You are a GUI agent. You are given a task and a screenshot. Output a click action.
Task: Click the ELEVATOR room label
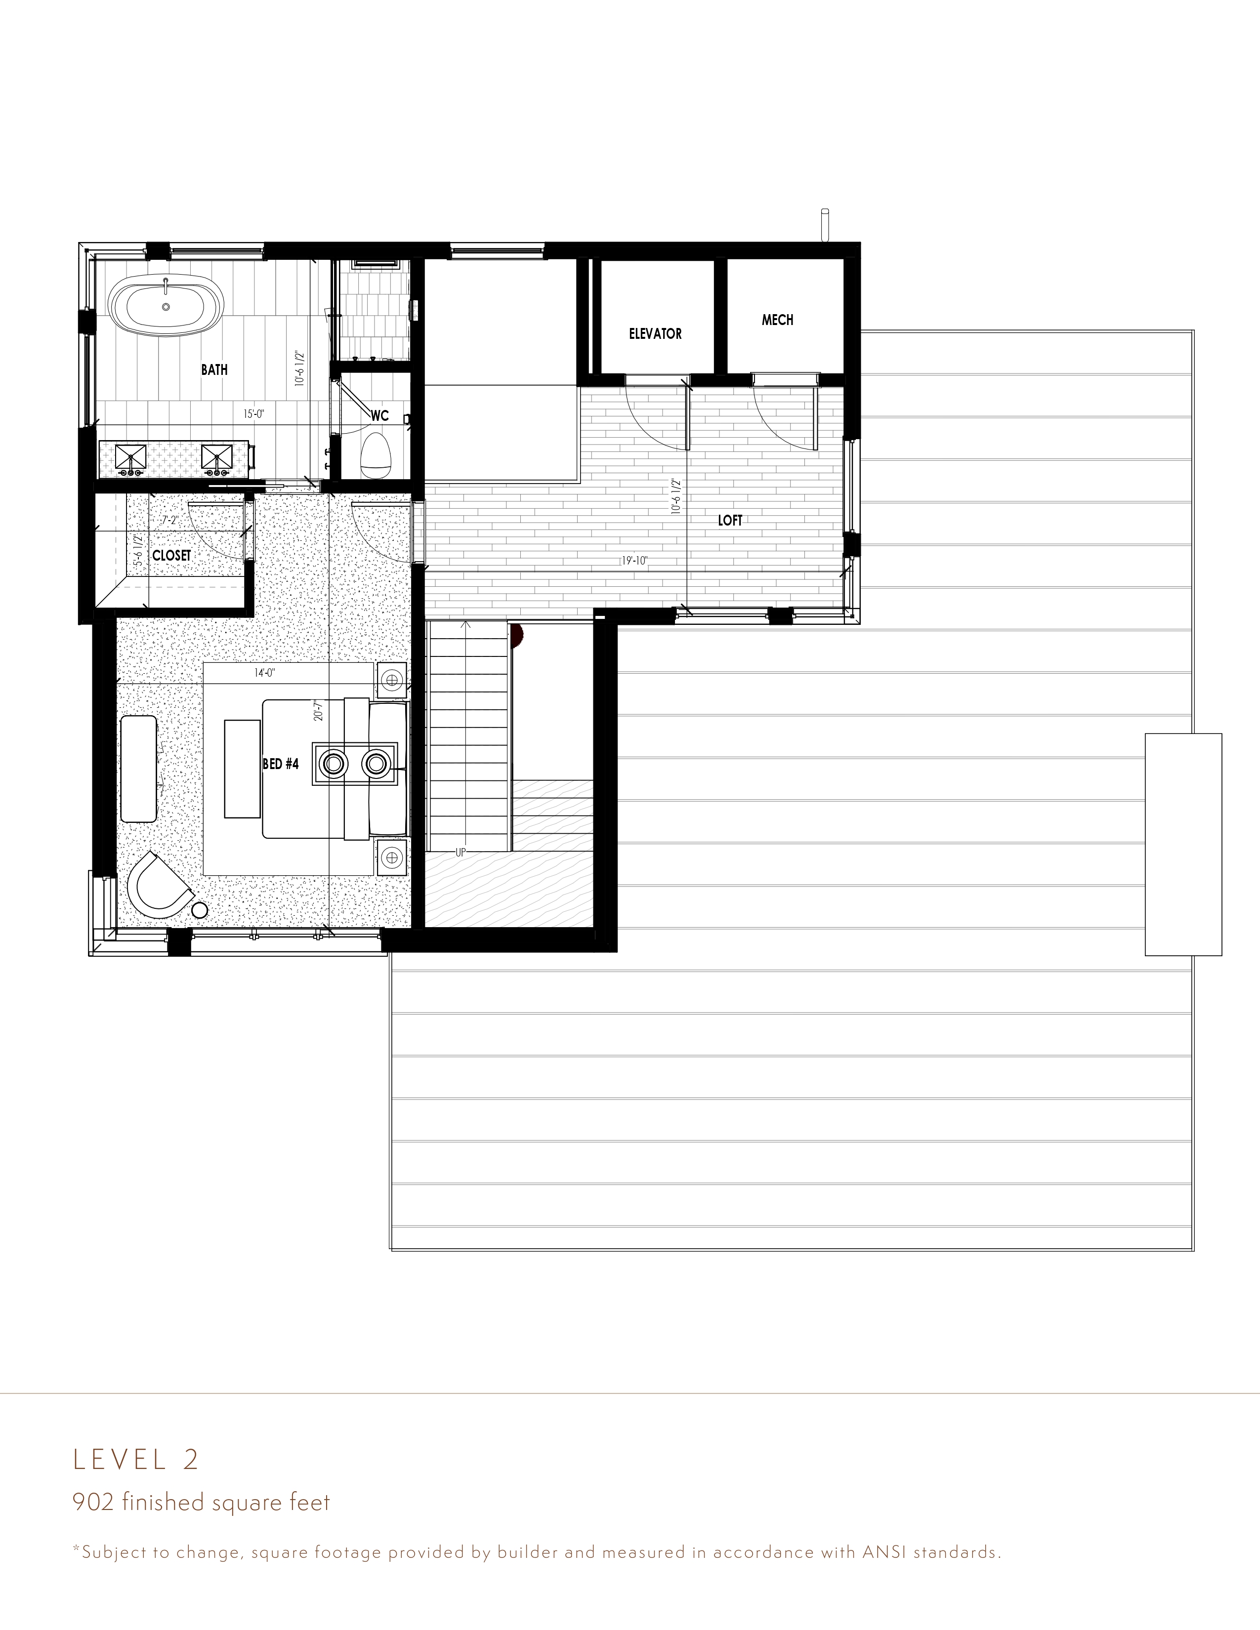pos(655,333)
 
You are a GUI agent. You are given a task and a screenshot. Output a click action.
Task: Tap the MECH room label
pos(777,320)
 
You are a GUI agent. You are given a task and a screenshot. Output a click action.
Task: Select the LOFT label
pos(730,520)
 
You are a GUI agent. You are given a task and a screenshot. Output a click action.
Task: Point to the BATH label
pos(214,369)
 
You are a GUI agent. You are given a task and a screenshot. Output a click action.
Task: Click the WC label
pos(380,416)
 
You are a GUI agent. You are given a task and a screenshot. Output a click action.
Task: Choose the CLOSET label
pos(171,555)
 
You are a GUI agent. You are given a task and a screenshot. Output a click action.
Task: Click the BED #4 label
pos(281,764)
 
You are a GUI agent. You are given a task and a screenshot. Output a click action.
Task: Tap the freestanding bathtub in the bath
pos(166,307)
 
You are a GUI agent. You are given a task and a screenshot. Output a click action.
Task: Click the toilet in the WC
pos(376,455)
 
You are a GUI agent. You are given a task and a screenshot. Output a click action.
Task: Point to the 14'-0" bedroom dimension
pos(265,672)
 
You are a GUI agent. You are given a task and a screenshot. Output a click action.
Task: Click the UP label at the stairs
pos(460,852)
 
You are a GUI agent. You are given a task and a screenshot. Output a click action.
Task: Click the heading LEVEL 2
pos(136,1459)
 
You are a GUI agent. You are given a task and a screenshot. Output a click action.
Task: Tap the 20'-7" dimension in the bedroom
pos(318,710)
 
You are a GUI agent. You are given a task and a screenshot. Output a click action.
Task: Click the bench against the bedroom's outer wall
pos(139,769)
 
